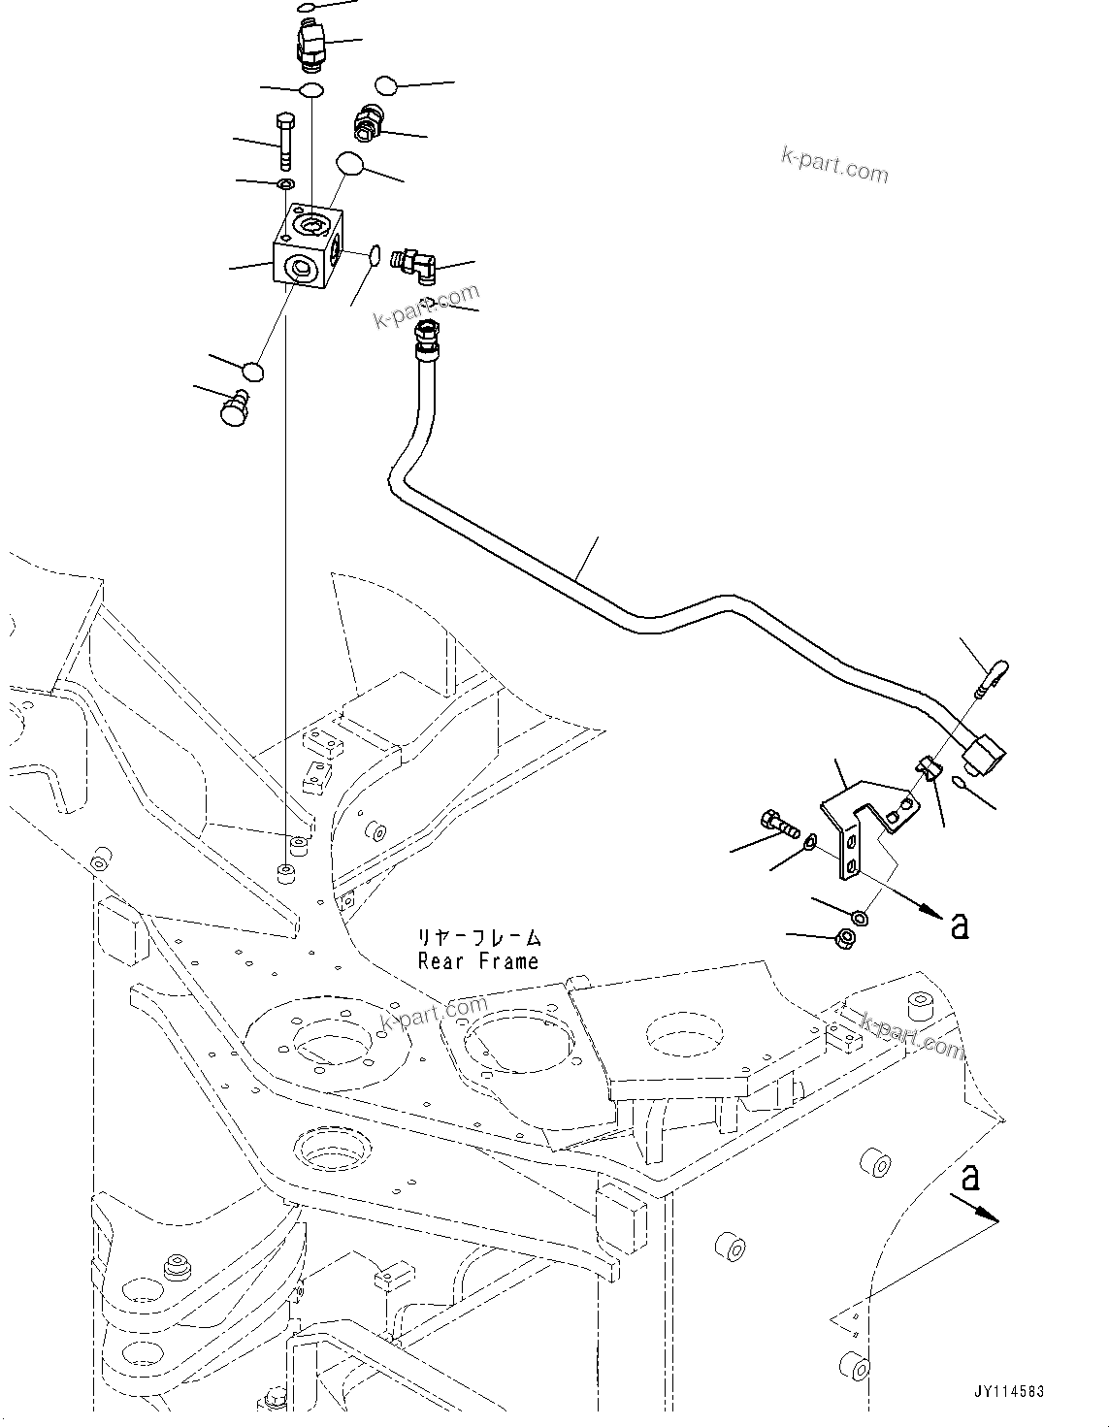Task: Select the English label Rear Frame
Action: [477, 961]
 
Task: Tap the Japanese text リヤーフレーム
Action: [477, 938]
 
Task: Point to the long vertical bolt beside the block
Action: [286, 142]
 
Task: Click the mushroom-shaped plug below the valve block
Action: [235, 407]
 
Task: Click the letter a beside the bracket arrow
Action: [960, 926]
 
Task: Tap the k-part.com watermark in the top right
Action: [834, 166]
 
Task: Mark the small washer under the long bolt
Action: [284, 184]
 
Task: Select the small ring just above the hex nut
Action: [859, 917]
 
